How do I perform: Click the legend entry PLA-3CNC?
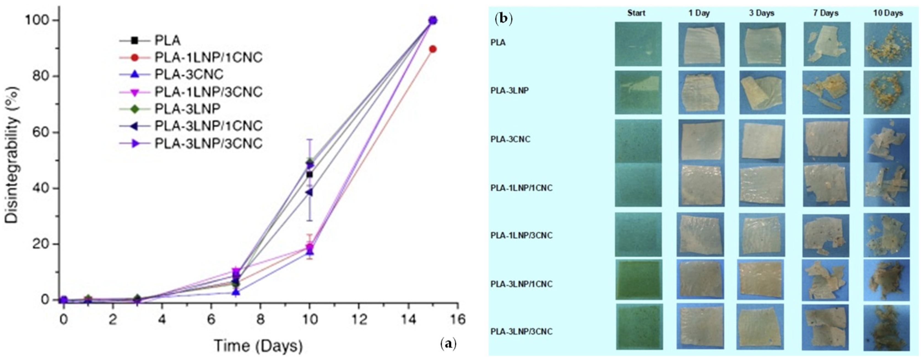189,75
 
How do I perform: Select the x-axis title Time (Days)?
258,346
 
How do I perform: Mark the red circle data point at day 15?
433,49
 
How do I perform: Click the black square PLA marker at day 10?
309,174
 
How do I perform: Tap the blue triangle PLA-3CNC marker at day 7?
236,292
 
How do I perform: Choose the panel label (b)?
503,18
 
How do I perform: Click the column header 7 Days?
826,13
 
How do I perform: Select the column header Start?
636,13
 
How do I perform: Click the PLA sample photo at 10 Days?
887,45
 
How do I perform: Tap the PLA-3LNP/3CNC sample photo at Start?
639,327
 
